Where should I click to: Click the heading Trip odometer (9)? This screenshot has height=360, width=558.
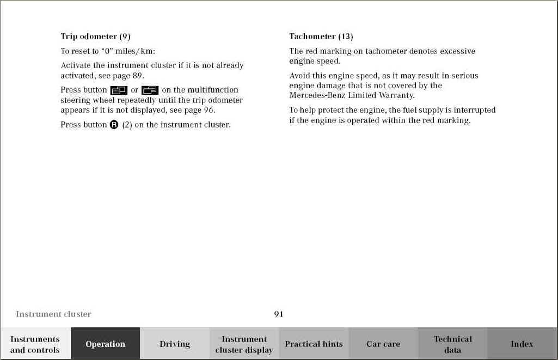[95, 36]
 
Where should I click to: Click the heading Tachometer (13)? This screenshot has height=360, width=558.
[321, 36]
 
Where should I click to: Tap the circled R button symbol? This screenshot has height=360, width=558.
[114, 125]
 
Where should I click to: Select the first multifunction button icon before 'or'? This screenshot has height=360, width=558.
[119, 90]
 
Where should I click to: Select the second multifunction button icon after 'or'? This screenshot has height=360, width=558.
[150, 90]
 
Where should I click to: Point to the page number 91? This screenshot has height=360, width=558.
[279, 314]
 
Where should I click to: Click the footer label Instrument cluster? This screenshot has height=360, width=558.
[53, 314]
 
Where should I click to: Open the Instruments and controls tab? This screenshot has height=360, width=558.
[35, 344]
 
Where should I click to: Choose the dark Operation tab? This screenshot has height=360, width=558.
[105, 344]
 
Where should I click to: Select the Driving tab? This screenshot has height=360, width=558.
[175, 344]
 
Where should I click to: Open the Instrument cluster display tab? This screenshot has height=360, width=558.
[244, 344]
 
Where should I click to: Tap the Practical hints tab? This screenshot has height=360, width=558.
[314, 344]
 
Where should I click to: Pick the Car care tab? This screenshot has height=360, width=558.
[383, 344]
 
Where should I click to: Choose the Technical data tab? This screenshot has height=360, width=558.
[453, 344]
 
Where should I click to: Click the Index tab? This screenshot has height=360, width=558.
[522, 344]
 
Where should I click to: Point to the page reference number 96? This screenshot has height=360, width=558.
[209, 110]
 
